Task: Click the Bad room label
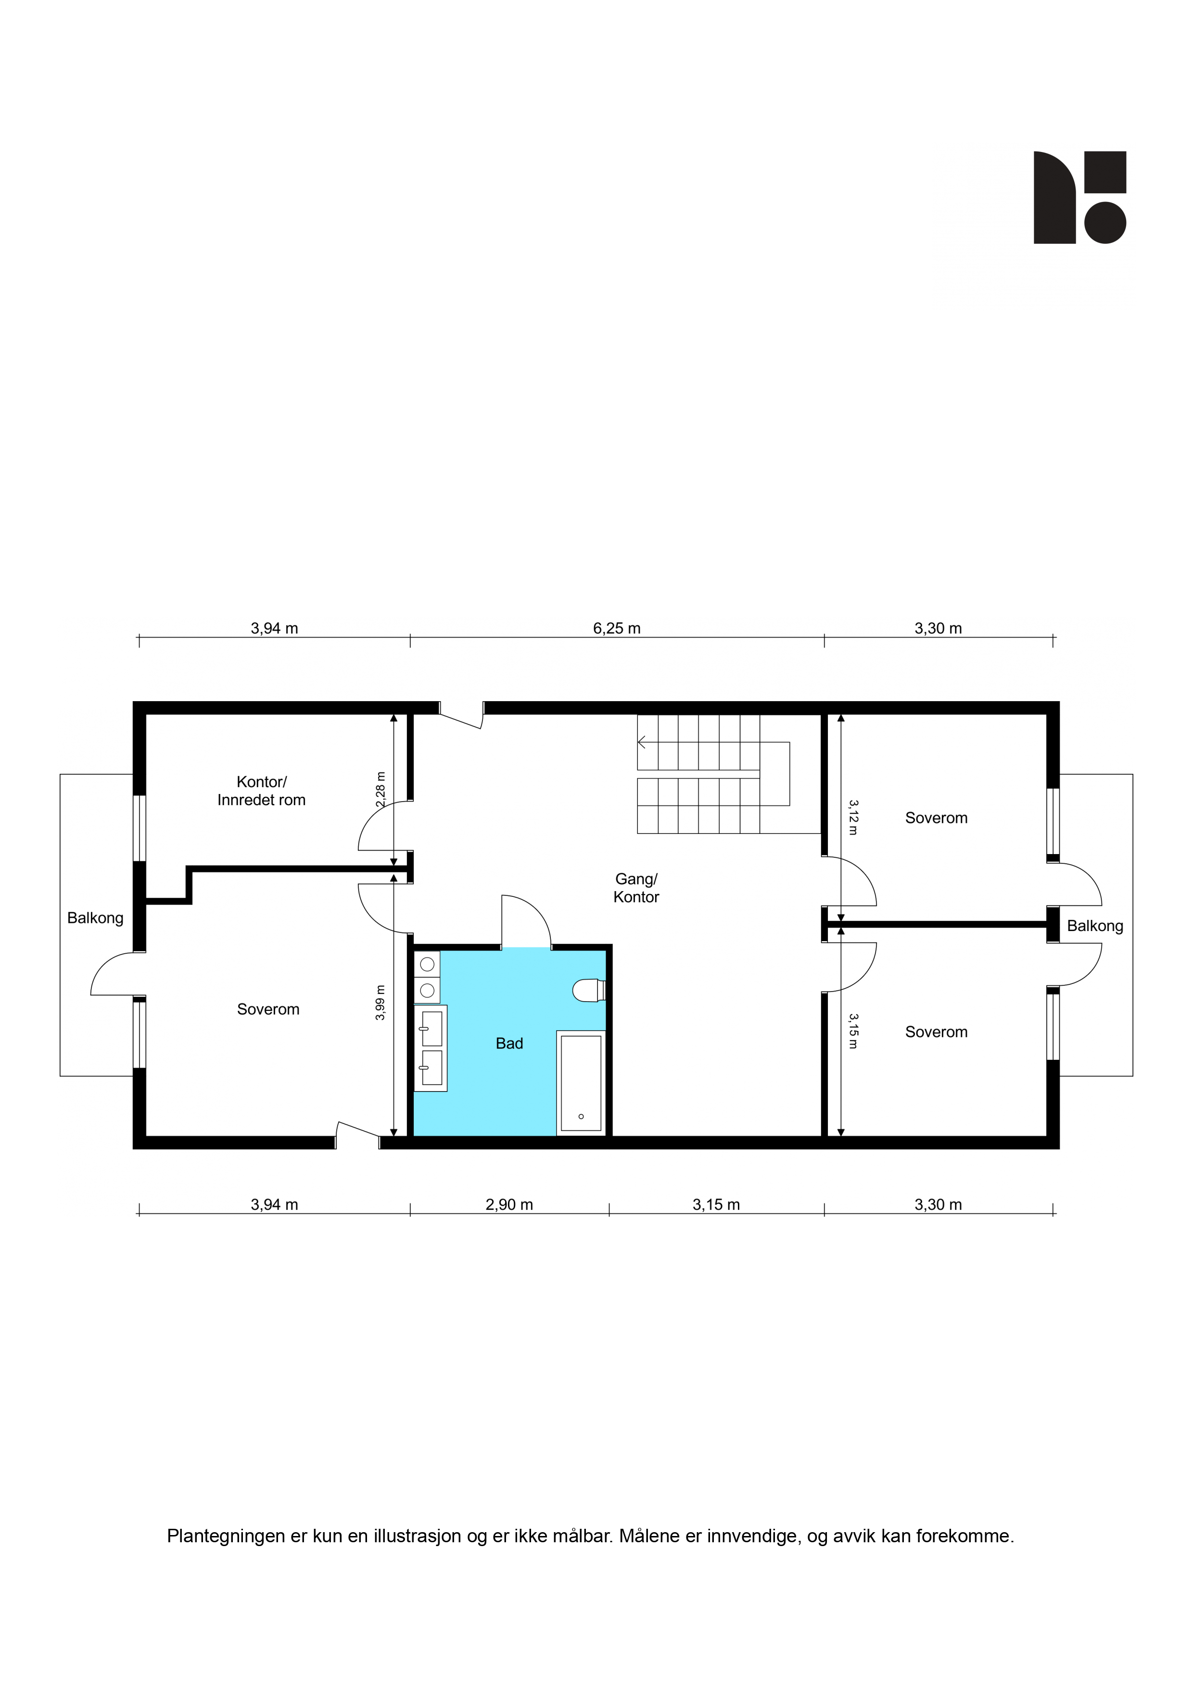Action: coord(509,1044)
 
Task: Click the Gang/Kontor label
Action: coord(636,888)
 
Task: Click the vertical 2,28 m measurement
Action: coord(380,789)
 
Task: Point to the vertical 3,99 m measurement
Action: coord(380,1002)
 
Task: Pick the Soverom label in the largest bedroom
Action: coord(268,1009)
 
